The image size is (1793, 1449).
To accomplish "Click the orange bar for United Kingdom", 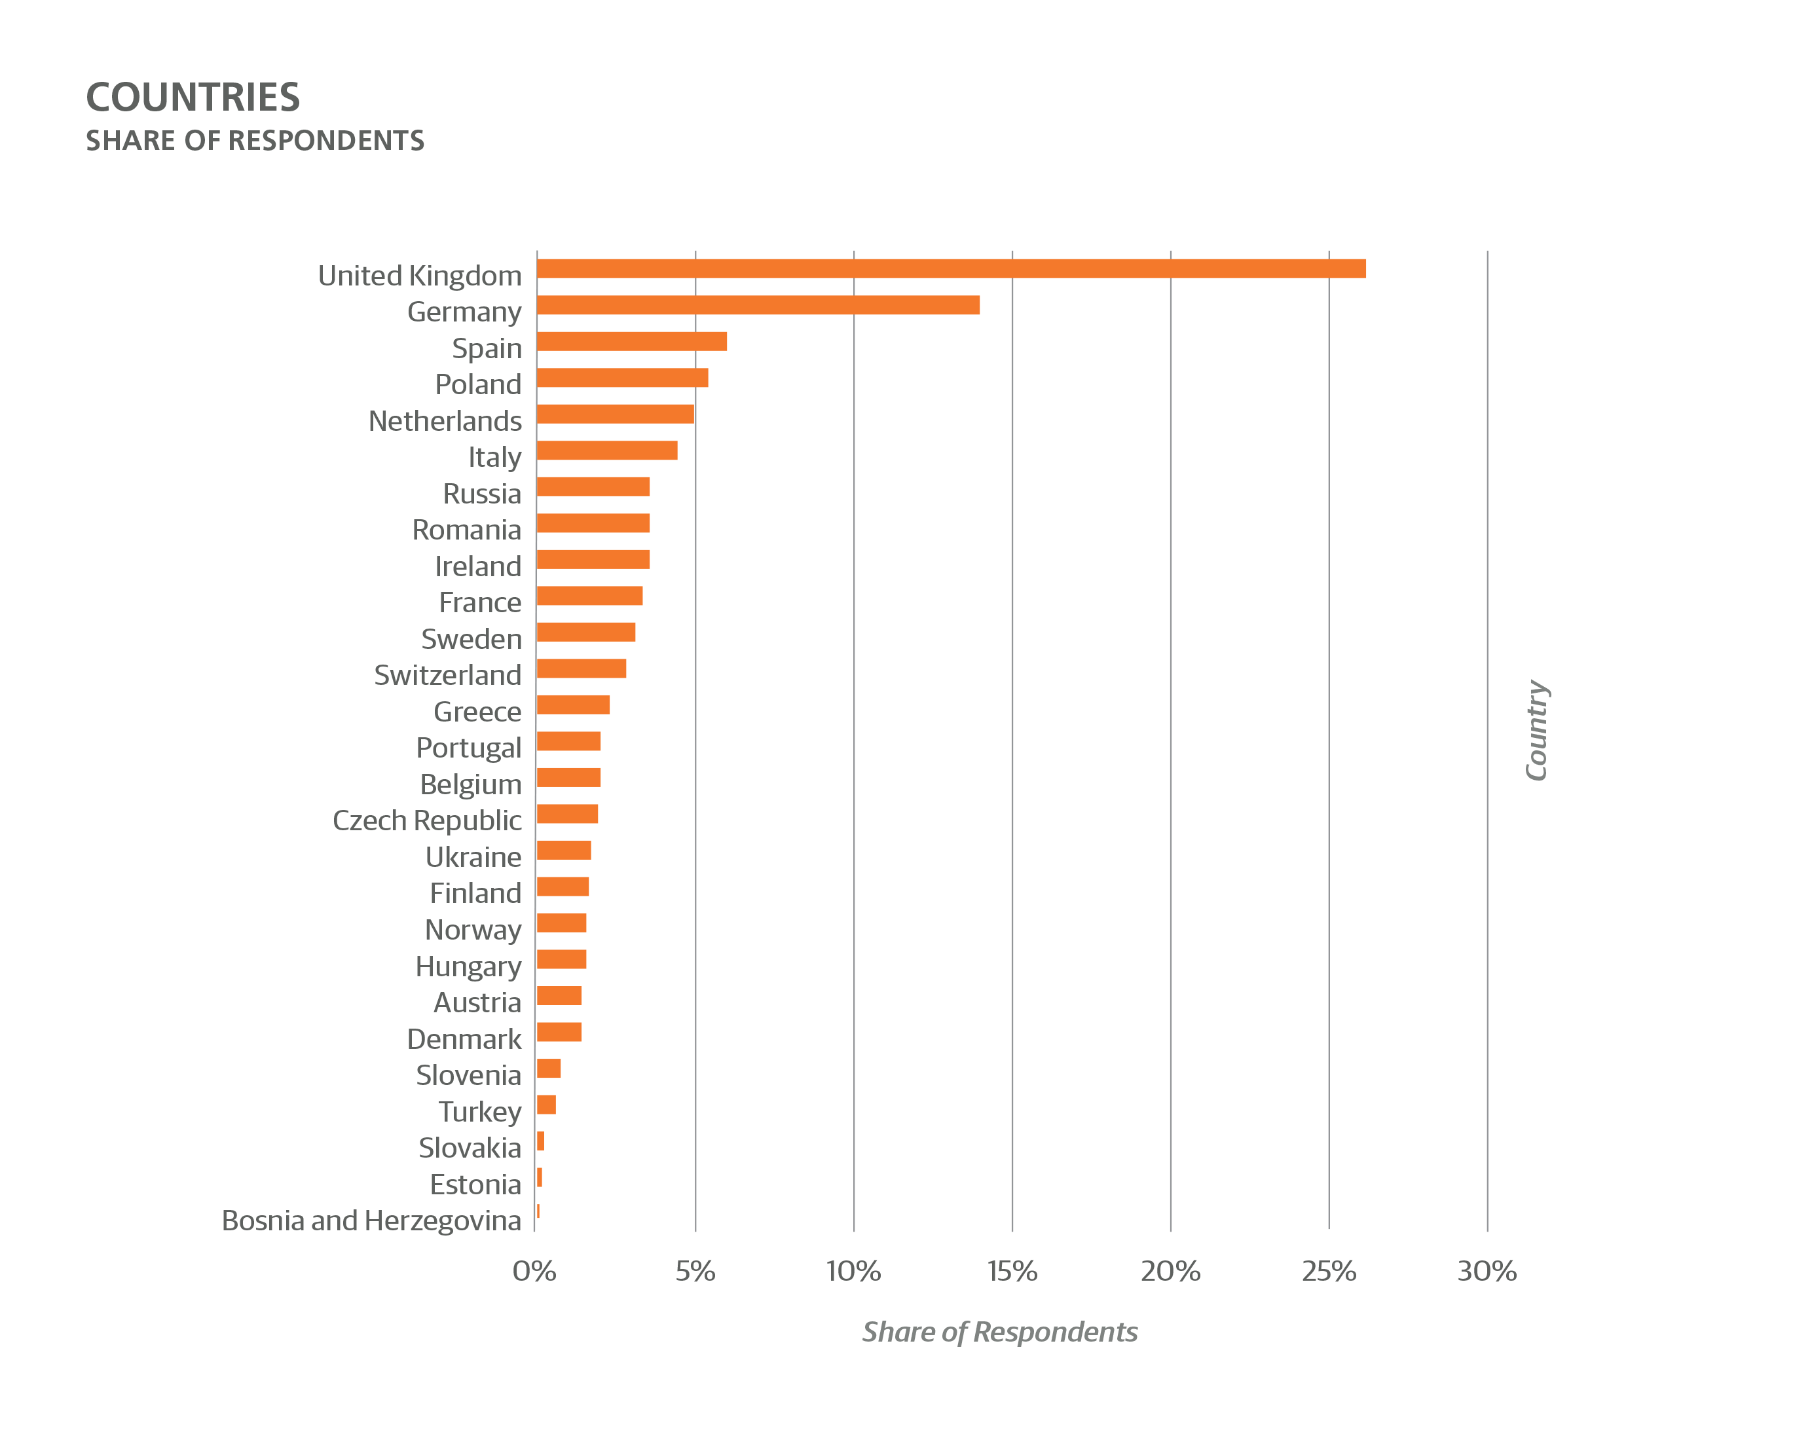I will tap(952, 268).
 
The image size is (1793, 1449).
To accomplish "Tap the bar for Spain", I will tap(632, 341).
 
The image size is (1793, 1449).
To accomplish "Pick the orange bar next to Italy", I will tap(607, 450).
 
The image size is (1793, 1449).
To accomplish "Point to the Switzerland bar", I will tap(581, 669).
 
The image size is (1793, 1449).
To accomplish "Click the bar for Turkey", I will tap(546, 1105).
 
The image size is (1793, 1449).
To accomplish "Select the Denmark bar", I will tap(559, 1033).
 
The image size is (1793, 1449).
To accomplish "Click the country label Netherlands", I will tap(445, 420).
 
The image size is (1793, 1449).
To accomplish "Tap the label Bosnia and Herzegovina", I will tap(371, 1221).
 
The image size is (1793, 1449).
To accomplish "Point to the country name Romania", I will tap(467, 530).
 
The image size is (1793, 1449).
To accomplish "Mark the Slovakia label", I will tap(470, 1148).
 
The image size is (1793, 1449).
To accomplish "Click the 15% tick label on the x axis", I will tap(1012, 1271).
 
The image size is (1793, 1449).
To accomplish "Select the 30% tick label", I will tap(1487, 1271).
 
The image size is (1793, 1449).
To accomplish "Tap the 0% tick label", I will tap(534, 1271).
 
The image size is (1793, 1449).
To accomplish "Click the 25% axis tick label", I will tap(1329, 1271).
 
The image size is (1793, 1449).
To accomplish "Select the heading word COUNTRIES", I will tap(193, 98).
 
